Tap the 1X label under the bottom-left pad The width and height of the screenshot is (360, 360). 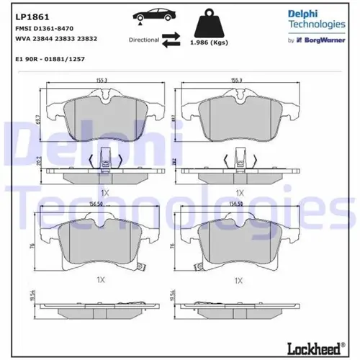click(x=100, y=279)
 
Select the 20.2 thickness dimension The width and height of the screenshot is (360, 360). click(x=38, y=163)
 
